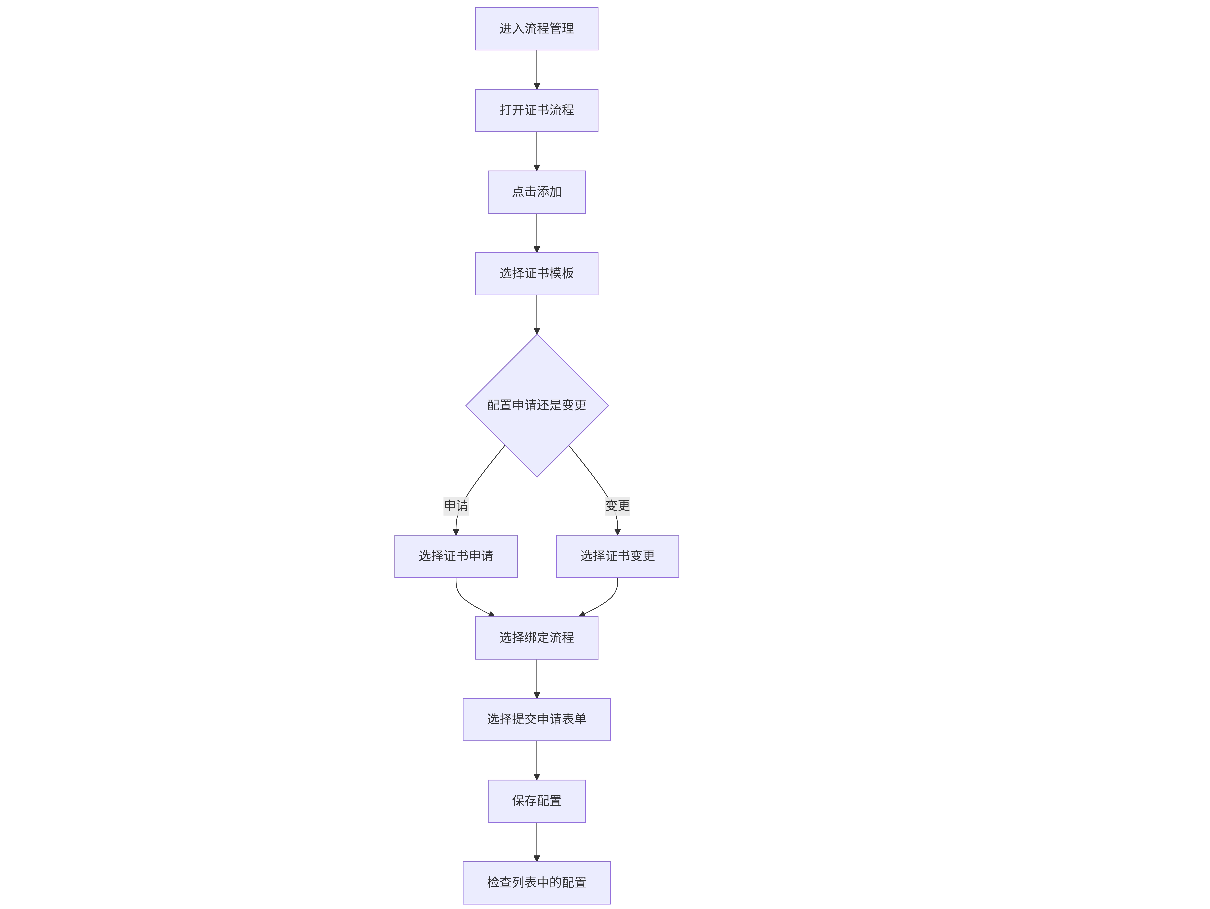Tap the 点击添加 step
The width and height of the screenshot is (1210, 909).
coord(537,192)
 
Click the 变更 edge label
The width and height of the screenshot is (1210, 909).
coord(618,506)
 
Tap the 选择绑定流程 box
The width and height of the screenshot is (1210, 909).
coord(537,638)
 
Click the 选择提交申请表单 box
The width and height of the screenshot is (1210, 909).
coord(537,719)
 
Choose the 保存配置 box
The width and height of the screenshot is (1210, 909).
coord(537,801)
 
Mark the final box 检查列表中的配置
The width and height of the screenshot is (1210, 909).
coord(537,883)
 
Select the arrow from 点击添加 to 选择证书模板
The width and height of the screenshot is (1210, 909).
coord(537,233)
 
